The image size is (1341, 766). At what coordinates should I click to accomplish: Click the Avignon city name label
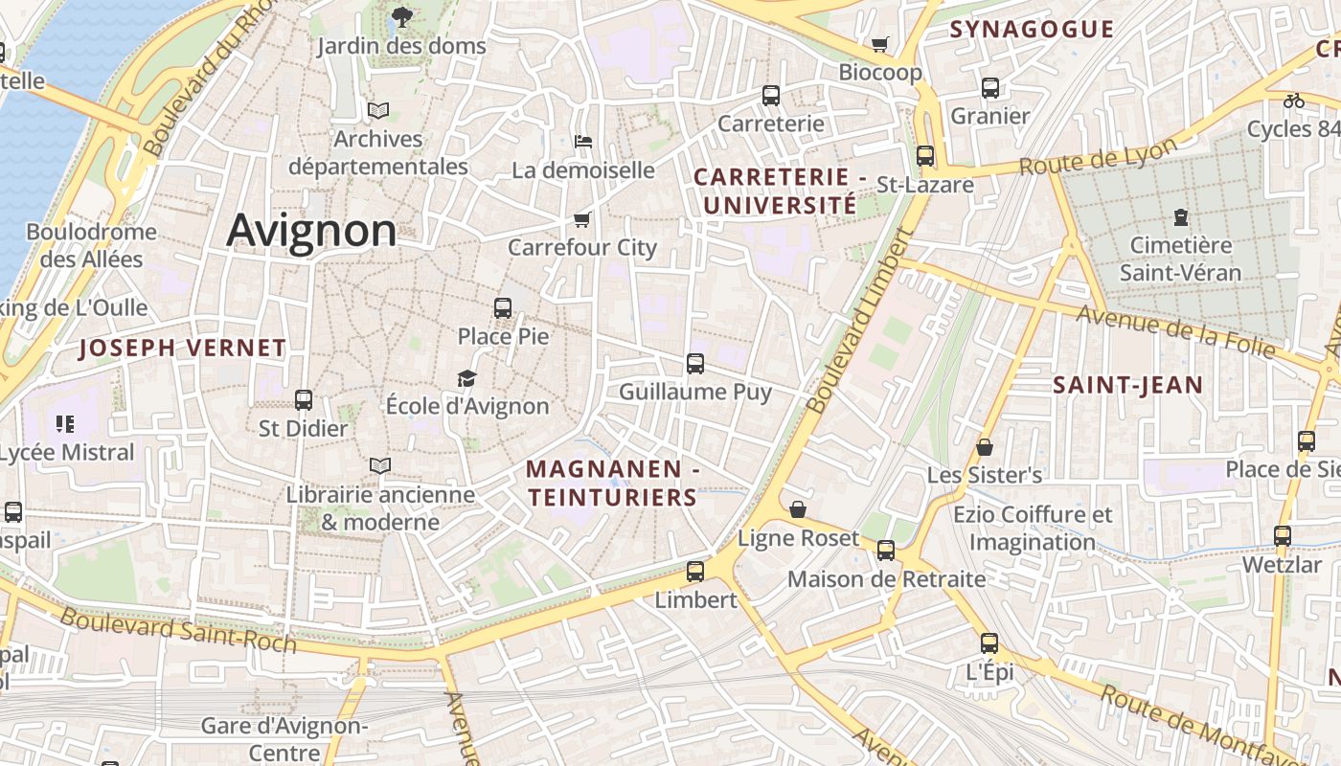[x=311, y=231]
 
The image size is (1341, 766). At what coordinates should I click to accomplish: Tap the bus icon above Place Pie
[x=503, y=308]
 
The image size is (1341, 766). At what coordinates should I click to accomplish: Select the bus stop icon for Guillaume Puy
[x=695, y=364]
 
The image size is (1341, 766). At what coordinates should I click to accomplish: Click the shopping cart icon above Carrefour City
[x=581, y=219]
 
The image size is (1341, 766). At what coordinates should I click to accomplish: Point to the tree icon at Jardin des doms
[x=401, y=16]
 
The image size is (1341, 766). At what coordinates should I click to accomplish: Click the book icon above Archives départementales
[x=378, y=110]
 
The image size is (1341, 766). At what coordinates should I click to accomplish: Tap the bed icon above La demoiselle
[x=582, y=142]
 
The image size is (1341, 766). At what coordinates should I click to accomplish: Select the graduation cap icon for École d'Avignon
[x=466, y=379]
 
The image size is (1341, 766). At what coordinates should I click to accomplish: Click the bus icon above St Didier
[x=304, y=400]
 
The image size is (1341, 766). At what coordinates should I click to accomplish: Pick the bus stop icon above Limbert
[x=695, y=572]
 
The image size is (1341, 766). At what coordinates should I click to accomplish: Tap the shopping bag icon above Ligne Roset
[x=798, y=509]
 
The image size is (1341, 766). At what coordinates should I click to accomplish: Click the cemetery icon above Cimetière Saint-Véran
[x=1180, y=217]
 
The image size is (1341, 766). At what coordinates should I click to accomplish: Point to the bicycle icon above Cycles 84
[x=1294, y=100]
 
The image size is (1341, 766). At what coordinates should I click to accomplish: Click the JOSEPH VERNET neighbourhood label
[x=182, y=349]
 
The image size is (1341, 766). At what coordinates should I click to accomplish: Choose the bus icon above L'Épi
[x=989, y=643]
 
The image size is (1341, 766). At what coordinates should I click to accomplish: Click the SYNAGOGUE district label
[x=1032, y=30]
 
